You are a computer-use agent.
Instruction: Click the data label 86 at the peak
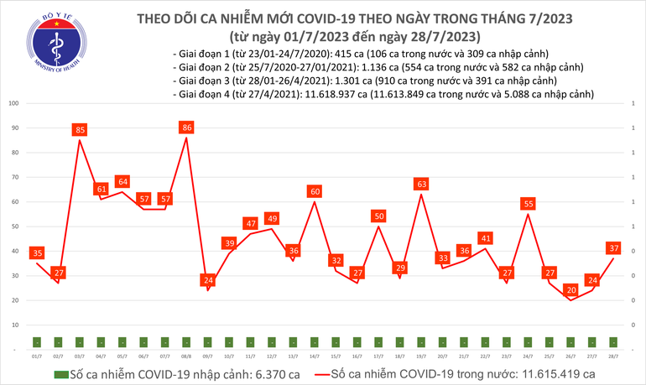187,128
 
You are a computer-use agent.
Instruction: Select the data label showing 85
79,130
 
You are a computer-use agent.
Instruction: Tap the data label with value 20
572,290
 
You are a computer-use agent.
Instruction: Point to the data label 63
422,184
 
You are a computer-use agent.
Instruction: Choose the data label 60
315,192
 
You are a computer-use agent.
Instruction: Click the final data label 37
614,248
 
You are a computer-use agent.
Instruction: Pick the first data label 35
36,252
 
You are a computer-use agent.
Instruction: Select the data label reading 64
122,182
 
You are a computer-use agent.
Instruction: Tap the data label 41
486,238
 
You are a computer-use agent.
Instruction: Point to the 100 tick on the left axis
14,104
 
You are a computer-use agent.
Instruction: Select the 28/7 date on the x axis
614,356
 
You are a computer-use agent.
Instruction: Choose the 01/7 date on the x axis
36,356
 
